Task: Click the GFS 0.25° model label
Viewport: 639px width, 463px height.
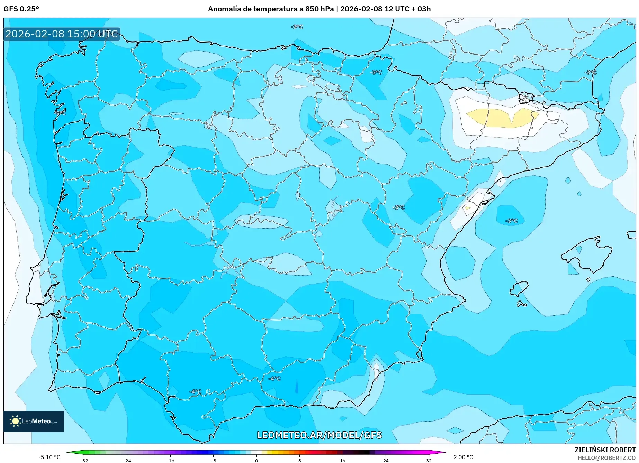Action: click(x=21, y=9)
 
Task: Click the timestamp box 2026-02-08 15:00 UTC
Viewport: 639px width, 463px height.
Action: click(x=62, y=34)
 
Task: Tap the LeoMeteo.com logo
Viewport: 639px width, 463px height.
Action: click(x=34, y=421)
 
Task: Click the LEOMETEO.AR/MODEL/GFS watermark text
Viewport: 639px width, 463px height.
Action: click(x=319, y=435)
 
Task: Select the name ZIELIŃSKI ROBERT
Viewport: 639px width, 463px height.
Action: click(x=605, y=450)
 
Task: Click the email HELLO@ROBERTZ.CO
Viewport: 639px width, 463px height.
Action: click(x=606, y=458)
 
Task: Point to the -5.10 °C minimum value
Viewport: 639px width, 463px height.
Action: click(x=49, y=457)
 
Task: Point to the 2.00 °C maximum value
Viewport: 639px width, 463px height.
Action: click(x=463, y=457)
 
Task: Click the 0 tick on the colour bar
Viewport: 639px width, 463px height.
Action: click(x=256, y=461)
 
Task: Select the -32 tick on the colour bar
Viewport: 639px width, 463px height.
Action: click(x=84, y=461)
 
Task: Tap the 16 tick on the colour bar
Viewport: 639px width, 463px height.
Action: click(x=342, y=461)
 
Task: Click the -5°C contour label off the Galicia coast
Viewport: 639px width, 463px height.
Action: click(x=60, y=113)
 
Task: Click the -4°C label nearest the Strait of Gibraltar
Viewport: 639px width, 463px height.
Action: click(x=195, y=392)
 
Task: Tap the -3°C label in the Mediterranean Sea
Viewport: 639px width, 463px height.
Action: click(x=511, y=221)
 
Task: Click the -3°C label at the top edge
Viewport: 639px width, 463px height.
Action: click(x=297, y=27)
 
